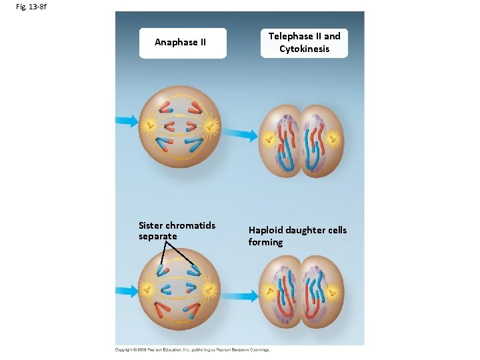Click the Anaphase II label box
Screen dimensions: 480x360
[181, 43]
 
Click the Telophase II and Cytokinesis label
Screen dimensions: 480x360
[304, 43]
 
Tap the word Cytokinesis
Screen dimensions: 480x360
[304, 49]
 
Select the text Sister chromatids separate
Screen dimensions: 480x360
[177, 231]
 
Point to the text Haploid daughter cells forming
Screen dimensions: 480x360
[297, 236]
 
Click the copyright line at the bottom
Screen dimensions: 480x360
[192, 349]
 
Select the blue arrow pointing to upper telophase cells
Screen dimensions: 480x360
[245, 135]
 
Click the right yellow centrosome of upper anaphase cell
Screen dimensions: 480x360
[212, 125]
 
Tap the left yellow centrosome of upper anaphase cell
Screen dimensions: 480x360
[147, 123]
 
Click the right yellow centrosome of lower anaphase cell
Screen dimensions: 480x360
[211, 290]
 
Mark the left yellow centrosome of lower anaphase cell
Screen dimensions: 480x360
[148, 290]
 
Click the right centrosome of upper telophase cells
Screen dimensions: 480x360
[333, 139]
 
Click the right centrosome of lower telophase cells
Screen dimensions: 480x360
[333, 291]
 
